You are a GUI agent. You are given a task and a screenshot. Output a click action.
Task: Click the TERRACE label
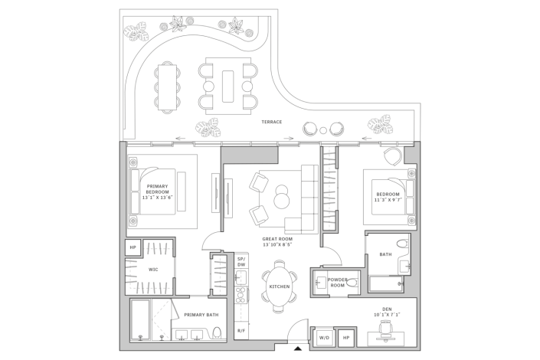coord(272,122)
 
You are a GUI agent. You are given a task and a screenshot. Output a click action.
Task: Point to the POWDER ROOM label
coord(338,283)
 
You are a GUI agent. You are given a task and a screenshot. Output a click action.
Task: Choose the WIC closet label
coord(153,270)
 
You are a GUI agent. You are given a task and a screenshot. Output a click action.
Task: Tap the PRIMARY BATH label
coord(201,314)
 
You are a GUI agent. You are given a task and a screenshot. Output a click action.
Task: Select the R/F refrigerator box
coord(241,331)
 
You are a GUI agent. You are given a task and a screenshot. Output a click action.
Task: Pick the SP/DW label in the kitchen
coord(241,261)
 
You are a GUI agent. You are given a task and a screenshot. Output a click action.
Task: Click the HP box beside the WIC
coord(133,247)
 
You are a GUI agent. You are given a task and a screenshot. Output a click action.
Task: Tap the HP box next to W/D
coord(345,337)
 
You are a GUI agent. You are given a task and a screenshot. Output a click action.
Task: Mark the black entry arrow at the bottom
coord(297,349)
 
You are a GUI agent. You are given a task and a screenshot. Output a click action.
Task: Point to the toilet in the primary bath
coord(218,332)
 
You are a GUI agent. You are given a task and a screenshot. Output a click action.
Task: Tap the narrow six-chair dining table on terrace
coord(168,86)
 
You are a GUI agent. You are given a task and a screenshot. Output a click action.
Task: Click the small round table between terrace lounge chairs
coord(325,129)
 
